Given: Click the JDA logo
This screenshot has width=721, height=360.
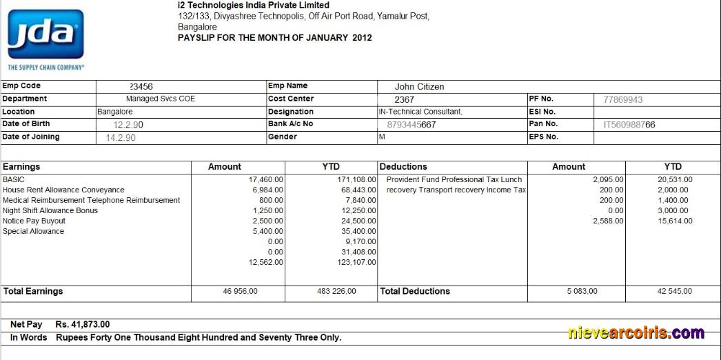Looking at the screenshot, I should (x=45, y=34).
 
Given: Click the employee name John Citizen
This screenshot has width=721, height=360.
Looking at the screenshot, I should (x=419, y=87).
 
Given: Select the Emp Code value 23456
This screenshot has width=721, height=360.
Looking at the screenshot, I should (x=141, y=87).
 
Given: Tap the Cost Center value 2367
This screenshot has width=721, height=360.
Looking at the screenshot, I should (x=404, y=99).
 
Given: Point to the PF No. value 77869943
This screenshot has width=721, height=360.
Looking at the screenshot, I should (x=622, y=99).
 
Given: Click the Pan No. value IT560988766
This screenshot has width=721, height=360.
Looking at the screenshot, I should (x=629, y=125).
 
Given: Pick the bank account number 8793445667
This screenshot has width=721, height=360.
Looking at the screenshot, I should (x=412, y=125).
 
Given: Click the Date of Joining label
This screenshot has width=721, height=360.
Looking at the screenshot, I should (x=31, y=137).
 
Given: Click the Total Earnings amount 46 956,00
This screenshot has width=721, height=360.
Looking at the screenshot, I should (x=240, y=292).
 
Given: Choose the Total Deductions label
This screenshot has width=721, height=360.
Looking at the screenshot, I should (x=415, y=292).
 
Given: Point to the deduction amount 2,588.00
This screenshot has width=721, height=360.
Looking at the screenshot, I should (x=608, y=221).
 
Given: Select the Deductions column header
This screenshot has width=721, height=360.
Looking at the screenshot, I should (x=403, y=167).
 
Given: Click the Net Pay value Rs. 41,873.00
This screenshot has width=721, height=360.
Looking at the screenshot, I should (x=82, y=324).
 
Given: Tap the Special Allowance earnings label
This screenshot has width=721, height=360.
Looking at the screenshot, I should (x=33, y=231).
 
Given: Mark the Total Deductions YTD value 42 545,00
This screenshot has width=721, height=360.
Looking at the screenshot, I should (x=674, y=292).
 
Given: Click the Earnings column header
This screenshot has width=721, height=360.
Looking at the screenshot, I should (x=21, y=167).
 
